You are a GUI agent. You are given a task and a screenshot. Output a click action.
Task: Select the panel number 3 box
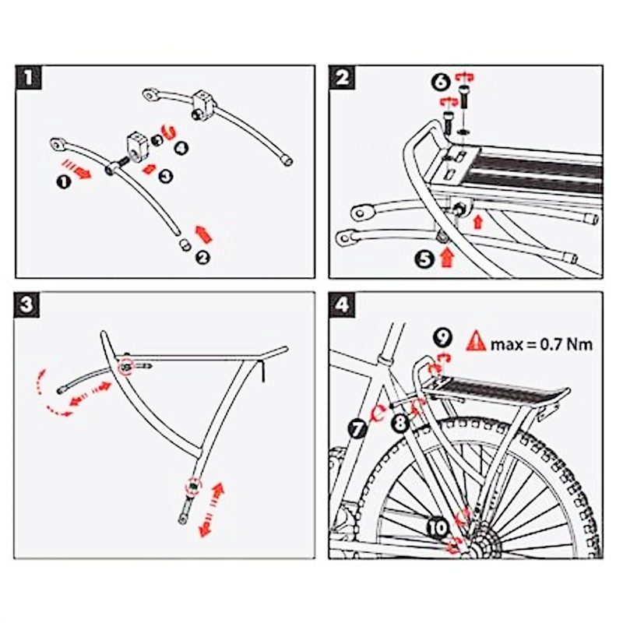click(29, 304)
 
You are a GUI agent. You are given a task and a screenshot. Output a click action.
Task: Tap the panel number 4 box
click(343, 304)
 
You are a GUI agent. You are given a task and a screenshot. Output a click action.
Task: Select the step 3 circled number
click(166, 176)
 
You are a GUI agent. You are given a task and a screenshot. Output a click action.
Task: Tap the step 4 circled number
click(181, 146)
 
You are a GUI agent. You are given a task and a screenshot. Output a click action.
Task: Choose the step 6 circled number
click(440, 81)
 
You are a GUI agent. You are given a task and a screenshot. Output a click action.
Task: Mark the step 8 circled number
click(400, 424)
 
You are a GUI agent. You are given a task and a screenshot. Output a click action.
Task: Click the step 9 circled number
click(442, 337)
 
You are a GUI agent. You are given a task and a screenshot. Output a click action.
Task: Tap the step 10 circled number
click(438, 528)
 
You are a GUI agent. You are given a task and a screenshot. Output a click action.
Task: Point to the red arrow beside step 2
click(202, 232)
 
